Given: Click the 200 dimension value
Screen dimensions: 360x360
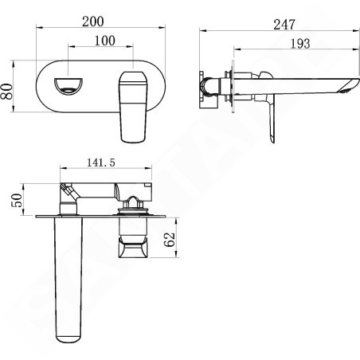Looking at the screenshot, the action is click(92, 22).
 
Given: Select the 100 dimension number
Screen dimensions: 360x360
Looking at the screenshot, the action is click(105, 41).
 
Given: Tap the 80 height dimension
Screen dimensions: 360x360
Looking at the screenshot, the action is click(7, 92).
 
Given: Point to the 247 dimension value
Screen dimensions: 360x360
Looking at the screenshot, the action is click(284, 25).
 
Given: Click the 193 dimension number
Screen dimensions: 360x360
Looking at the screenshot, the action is click(300, 44).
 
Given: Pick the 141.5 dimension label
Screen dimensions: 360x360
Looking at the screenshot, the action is click(101, 162).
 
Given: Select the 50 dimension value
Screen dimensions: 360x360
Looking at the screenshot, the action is click(16, 200).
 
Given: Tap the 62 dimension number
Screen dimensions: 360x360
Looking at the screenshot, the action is click(170, 240).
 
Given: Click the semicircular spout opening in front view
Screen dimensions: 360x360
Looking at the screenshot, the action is click(68, 86).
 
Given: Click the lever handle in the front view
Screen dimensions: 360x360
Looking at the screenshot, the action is click(132, 107).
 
